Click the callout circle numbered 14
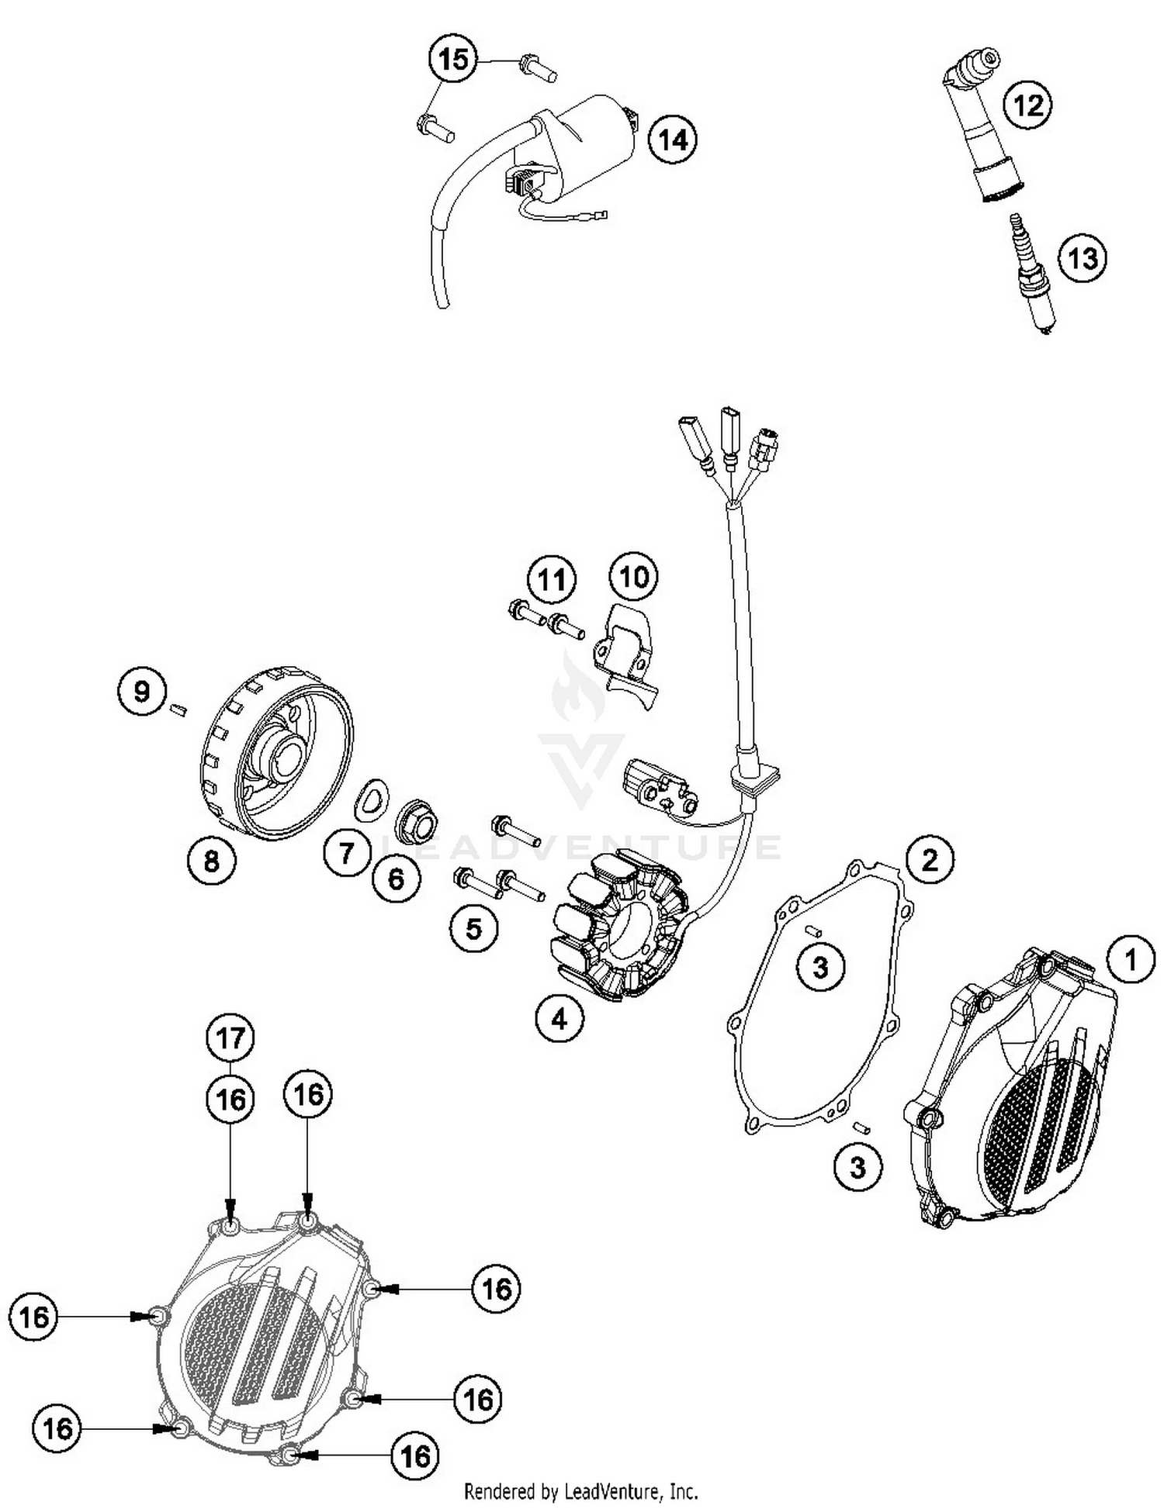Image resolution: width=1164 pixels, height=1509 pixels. [673, 140]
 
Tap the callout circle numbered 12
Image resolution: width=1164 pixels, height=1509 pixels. [1028, 104]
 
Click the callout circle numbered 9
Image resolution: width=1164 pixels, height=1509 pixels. [141, 690]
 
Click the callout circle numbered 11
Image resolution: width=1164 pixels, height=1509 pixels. [552, 579]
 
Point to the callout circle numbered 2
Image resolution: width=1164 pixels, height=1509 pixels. [929, 859]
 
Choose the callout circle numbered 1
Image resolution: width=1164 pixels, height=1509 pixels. [1131, 960]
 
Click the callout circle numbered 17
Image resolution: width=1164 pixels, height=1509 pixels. [230, 1038]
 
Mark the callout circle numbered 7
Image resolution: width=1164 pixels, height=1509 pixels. [346, 853]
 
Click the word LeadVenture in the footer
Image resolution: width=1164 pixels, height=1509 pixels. [614, 1490]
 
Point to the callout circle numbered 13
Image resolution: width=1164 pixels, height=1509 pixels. [1083, 257]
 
